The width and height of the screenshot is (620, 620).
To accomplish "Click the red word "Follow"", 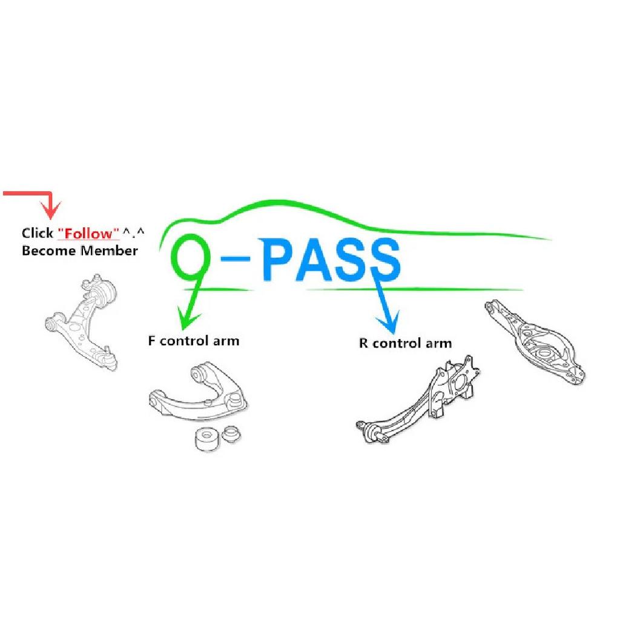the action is click(x=88, y=233).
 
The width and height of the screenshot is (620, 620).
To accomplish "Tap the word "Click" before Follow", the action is click(x=37, y=233).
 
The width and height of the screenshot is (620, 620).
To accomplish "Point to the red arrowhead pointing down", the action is click(x=50, y=209).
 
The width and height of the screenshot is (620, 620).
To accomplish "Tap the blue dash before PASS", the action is click(x=236, y=259).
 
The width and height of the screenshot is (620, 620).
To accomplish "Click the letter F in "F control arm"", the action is click(x=151, y=340).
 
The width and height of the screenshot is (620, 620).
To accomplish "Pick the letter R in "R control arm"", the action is click(x=363, y=343).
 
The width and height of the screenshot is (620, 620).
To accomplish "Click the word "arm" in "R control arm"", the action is click(x=439, y=343).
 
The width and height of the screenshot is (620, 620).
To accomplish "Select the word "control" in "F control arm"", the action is click(x=184, y=340).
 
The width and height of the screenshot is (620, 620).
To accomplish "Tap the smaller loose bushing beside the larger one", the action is click(x=231, y=434).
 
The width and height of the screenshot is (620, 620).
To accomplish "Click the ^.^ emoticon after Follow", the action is click(x=133, y=232).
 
